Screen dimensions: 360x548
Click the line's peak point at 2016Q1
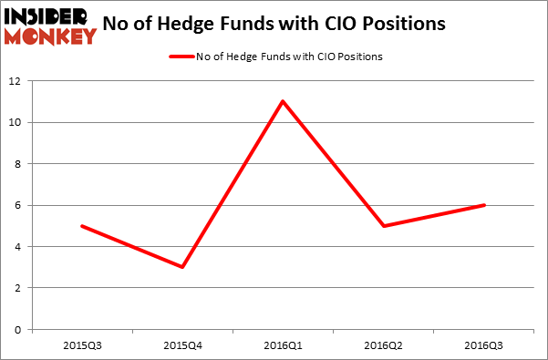(283, 101)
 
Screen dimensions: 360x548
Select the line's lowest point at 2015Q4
(182, 267)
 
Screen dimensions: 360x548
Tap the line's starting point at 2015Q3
(82, 226)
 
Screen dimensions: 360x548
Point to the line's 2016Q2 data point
(383, 226)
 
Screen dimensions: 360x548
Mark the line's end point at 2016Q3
(483, 205)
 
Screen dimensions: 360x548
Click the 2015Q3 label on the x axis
(82, 347)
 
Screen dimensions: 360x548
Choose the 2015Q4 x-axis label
(182, 347)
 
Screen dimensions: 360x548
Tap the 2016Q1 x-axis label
(283, 347)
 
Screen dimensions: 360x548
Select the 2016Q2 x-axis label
(383, 347)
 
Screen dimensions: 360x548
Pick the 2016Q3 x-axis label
(483, 347)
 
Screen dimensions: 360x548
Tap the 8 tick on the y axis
(20, 164)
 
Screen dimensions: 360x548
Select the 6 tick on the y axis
(20, 205)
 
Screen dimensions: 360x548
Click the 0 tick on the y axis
(20, 330)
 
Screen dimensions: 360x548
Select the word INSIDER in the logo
(48, 15)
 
